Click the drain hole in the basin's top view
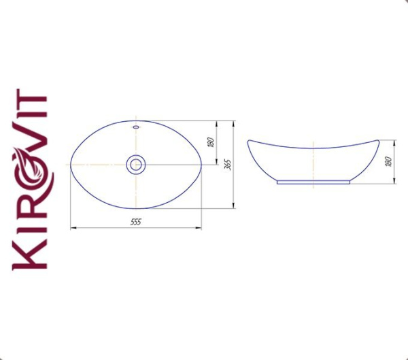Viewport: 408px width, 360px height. (x=136, y=164)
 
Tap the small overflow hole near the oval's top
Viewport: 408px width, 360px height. (x=136, y=127)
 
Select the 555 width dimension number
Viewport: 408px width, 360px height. (x=136, y=222)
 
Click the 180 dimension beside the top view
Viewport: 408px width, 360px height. (x=211, y=142)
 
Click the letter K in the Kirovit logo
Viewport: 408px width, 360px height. (x=31, y=253)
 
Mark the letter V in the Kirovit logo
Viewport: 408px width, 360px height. (x=31, y=142)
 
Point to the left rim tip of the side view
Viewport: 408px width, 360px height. (x=248, y=141)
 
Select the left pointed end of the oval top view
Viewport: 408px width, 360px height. (x=71, y=165)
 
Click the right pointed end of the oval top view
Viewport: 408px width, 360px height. (x=201, y=165)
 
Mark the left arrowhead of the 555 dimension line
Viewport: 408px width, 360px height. (x=73, y=228)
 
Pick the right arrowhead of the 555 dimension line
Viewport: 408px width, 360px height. (x=199, y=228)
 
